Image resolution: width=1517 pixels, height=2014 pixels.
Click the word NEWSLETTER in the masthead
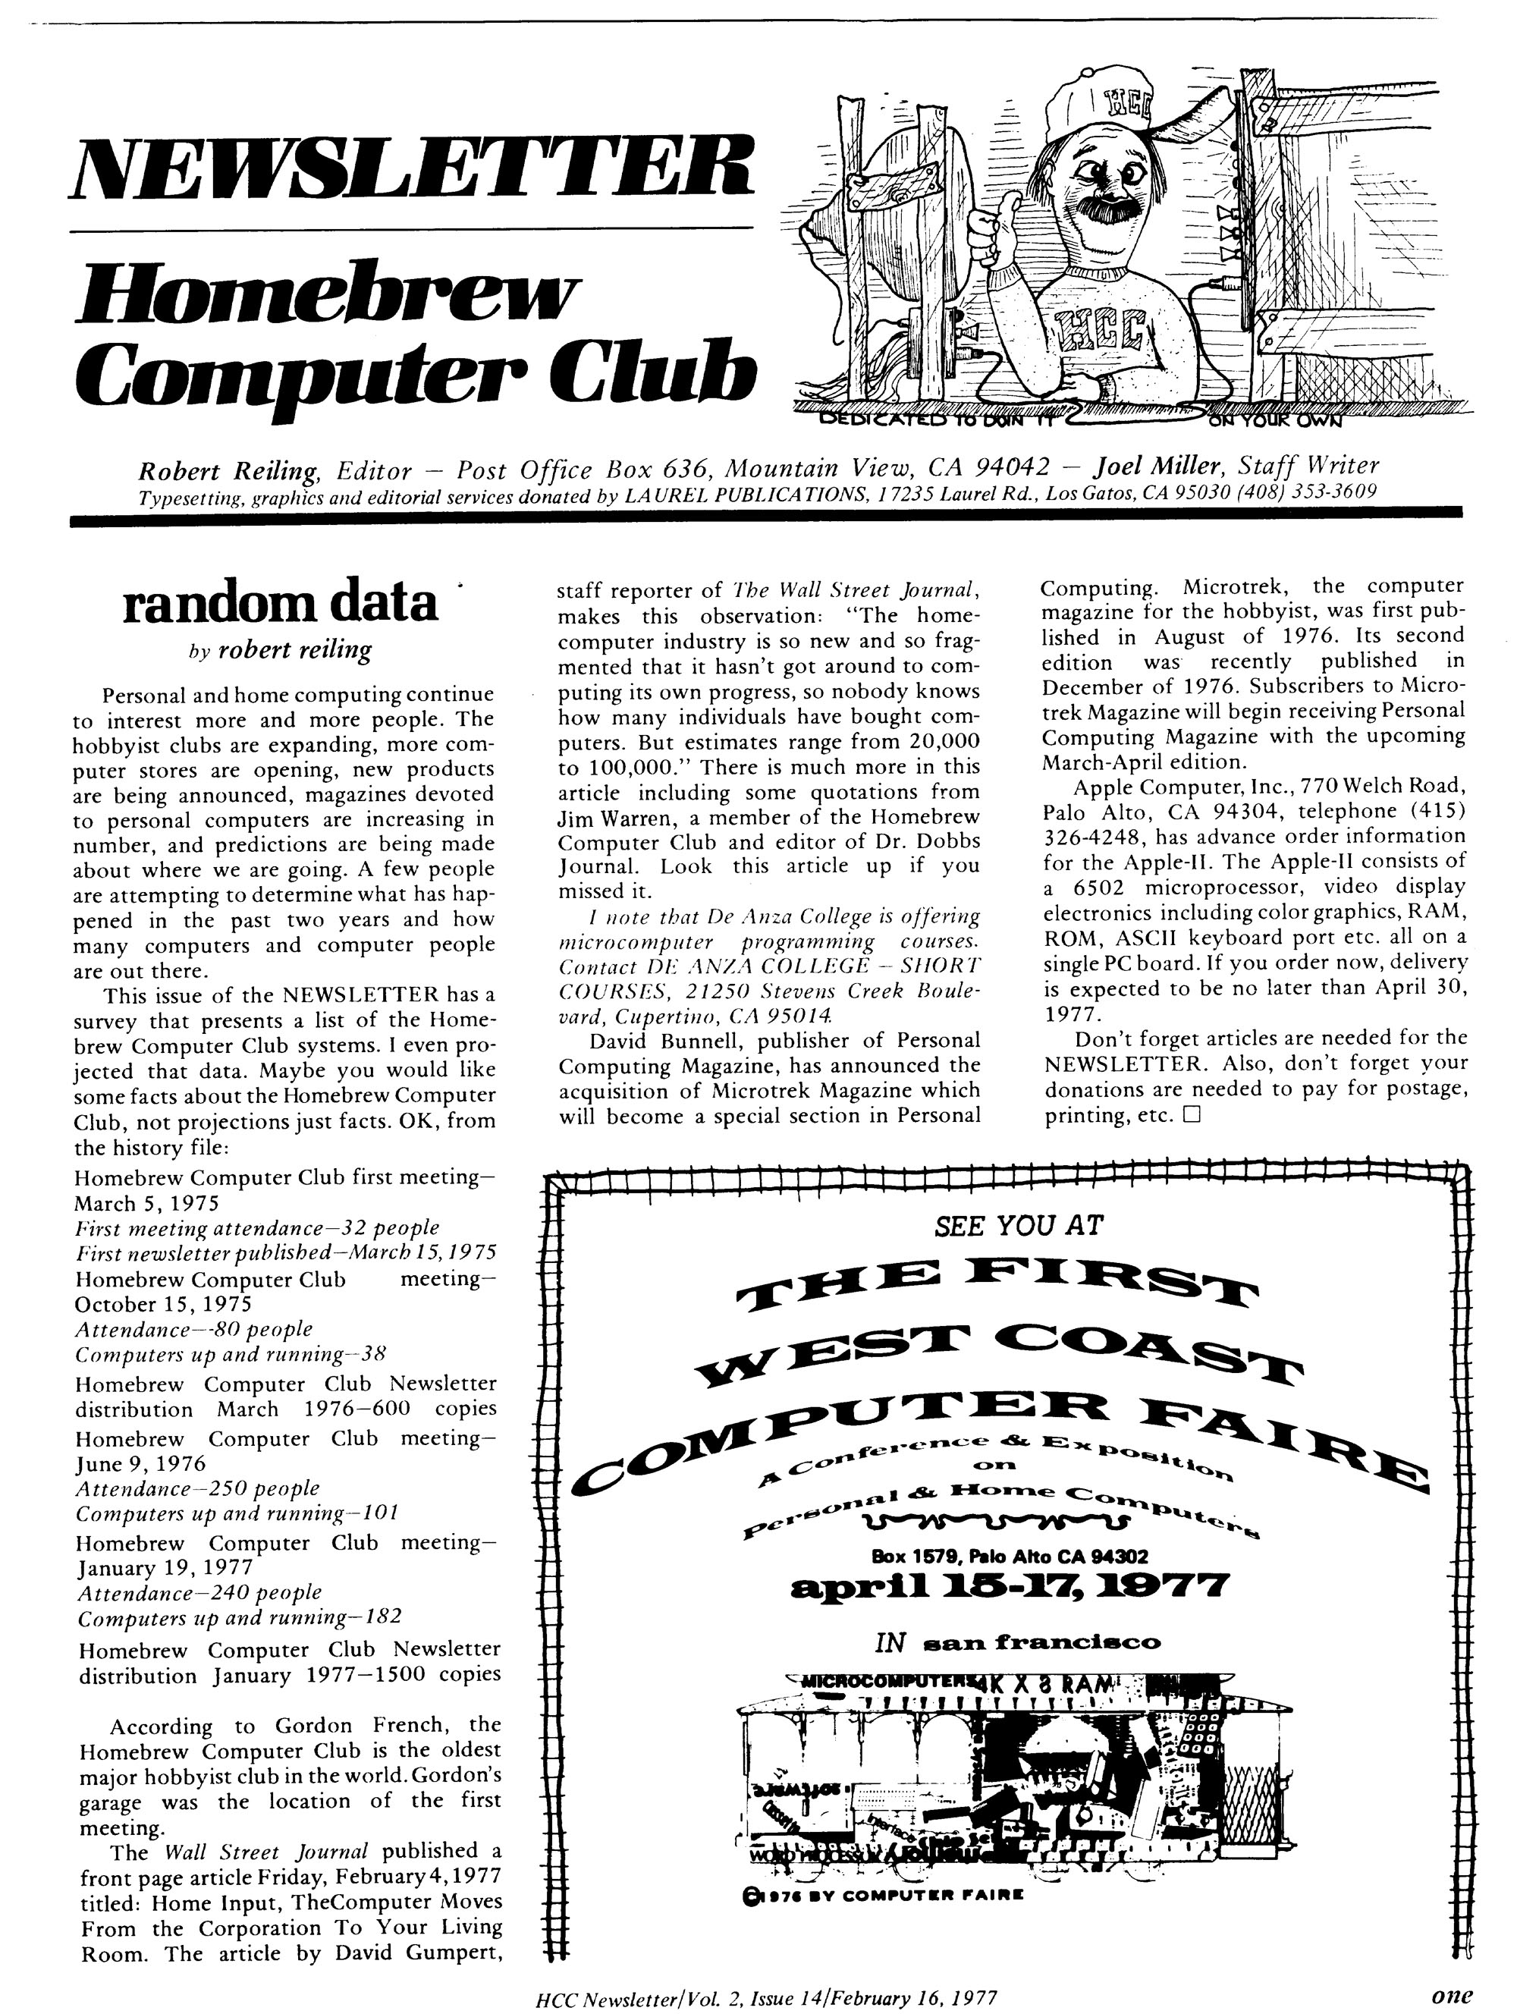[x=412, y=168]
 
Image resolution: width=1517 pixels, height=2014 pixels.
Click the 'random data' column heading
[x=280, y=604]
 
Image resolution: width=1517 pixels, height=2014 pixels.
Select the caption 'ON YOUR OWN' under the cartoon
[x=1275, y=422]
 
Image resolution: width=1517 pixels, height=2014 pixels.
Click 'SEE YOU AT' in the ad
[x=1018, y=1227]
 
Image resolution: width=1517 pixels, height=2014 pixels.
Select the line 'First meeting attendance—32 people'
[x=257, y=1227]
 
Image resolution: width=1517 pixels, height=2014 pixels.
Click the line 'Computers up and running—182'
[x=240, y=1618]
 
